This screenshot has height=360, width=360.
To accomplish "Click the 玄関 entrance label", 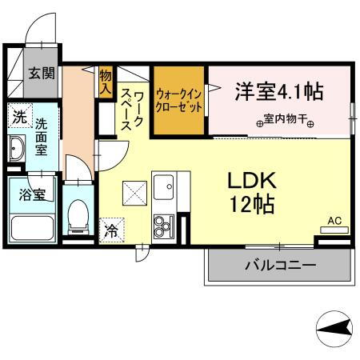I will (x=42, y=74).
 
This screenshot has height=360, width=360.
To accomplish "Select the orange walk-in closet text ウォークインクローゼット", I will (x=180, y=100).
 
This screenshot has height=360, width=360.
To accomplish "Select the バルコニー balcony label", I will (x=279, y=264).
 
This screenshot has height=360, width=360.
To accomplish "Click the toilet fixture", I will (x=78, y=214).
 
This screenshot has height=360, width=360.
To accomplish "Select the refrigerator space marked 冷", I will (x=110, y=229).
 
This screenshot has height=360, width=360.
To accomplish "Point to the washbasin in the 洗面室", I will (x=18, y=148).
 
